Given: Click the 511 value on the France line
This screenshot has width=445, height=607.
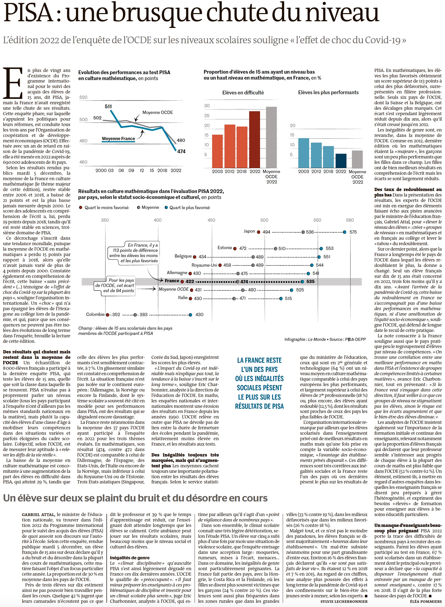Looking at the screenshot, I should click(108, 107).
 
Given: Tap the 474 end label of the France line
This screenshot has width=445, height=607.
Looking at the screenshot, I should click(181, 152).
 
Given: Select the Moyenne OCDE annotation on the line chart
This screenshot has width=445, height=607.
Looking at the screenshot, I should click(158, 112).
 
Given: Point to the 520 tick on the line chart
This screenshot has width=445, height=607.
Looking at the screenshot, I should click(83, 97).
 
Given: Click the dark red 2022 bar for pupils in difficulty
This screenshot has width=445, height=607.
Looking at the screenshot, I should click(255, 139).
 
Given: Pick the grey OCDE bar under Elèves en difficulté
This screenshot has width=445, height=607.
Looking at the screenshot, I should click(271, 137).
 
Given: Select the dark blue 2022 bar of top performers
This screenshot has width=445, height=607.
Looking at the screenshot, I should click(341, 161).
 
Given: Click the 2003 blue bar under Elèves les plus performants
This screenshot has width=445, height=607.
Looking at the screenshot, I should click(303, 153).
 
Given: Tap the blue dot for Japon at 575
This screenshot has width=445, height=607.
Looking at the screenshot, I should click(344, 232).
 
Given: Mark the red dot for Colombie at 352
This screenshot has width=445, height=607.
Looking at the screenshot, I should click(107, 315).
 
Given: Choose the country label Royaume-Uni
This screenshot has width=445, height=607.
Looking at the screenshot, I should click(204, 265).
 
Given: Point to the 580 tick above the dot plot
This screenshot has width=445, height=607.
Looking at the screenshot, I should click(350, 220).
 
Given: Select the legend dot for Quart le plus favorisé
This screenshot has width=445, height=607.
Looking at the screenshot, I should click(166, 208).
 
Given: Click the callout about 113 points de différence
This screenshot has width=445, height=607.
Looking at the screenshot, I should click(134, 253).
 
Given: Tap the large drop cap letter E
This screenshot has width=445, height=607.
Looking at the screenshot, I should click(13, 83).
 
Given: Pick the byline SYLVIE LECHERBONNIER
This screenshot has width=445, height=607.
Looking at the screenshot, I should click(344, 601).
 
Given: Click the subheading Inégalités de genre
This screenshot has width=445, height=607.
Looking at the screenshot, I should click(130, 557).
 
